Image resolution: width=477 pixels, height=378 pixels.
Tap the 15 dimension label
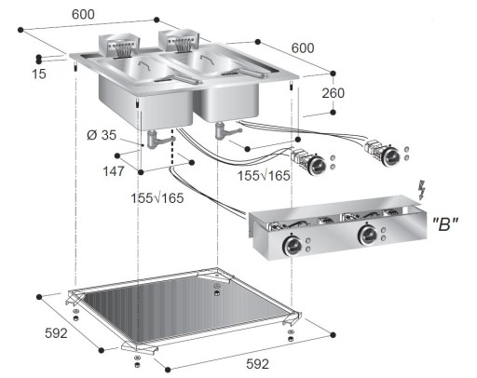(x=37, y=73)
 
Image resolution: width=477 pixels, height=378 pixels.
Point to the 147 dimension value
(x=114, y=171)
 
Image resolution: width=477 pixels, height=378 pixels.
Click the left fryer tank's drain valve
(x=157, y=140)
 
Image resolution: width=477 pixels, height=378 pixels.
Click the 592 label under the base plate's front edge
(x=257, y=362)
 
